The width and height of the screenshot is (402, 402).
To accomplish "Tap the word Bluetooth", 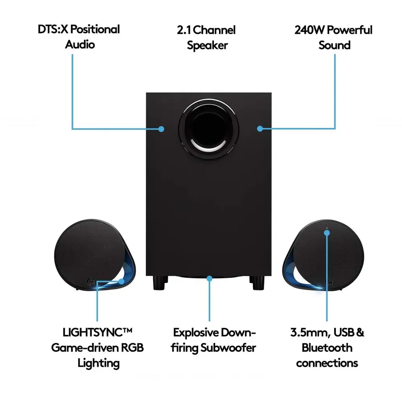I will click(x=327, y=348).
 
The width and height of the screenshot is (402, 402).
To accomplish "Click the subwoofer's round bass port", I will click(x=209, y=127).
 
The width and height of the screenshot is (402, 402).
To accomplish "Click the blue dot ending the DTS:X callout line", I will click(x=161, y=129).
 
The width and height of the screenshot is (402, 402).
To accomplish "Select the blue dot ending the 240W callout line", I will click(x=260, y=129).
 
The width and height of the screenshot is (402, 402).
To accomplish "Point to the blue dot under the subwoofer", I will click(x=209, y=278).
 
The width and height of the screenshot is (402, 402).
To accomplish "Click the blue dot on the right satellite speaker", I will click(x=327, y=232).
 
